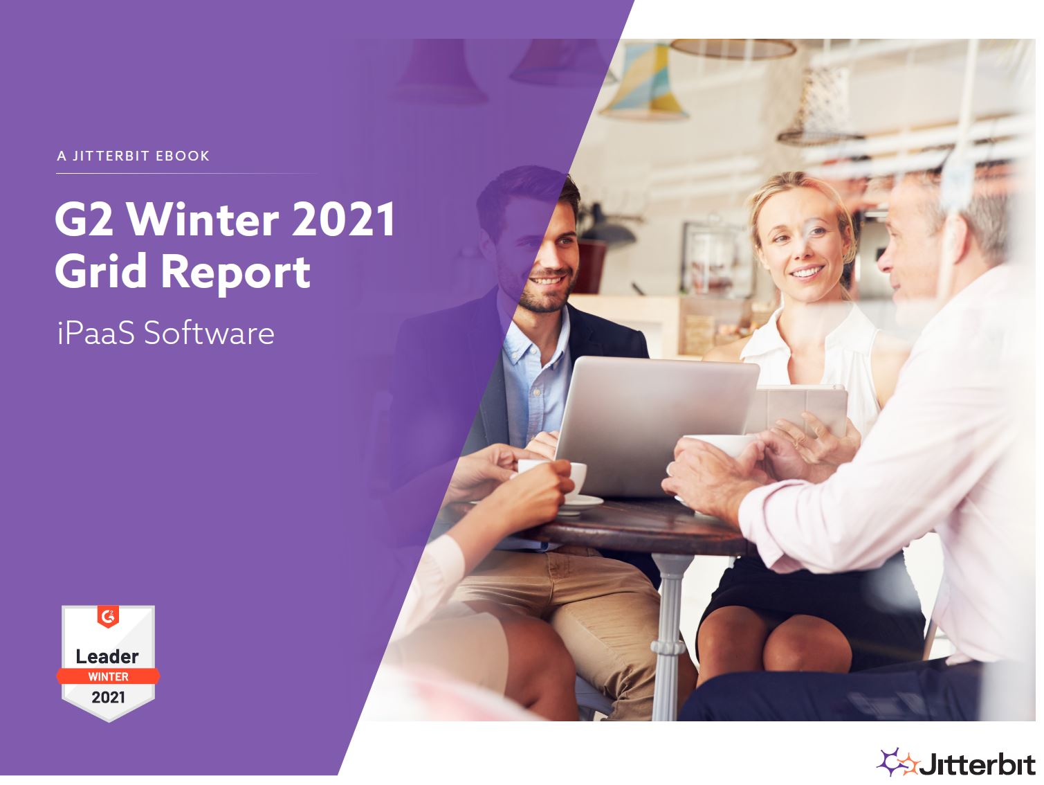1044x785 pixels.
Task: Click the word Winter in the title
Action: [203, 220]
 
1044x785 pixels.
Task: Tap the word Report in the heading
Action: [236, 273]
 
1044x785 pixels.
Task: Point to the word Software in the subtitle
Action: [209, 332]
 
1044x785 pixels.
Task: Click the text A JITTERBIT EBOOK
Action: [133, 156]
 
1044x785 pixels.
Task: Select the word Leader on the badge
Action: [107, 657]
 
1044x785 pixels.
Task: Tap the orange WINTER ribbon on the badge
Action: [108, 676]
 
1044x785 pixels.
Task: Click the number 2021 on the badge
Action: [108, 698]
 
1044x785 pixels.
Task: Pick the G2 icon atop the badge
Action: [108, 616]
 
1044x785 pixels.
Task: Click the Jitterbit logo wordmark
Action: [978, 764]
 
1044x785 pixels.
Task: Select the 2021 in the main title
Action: [343, 219]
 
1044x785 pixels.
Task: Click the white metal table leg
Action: [668, 638]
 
